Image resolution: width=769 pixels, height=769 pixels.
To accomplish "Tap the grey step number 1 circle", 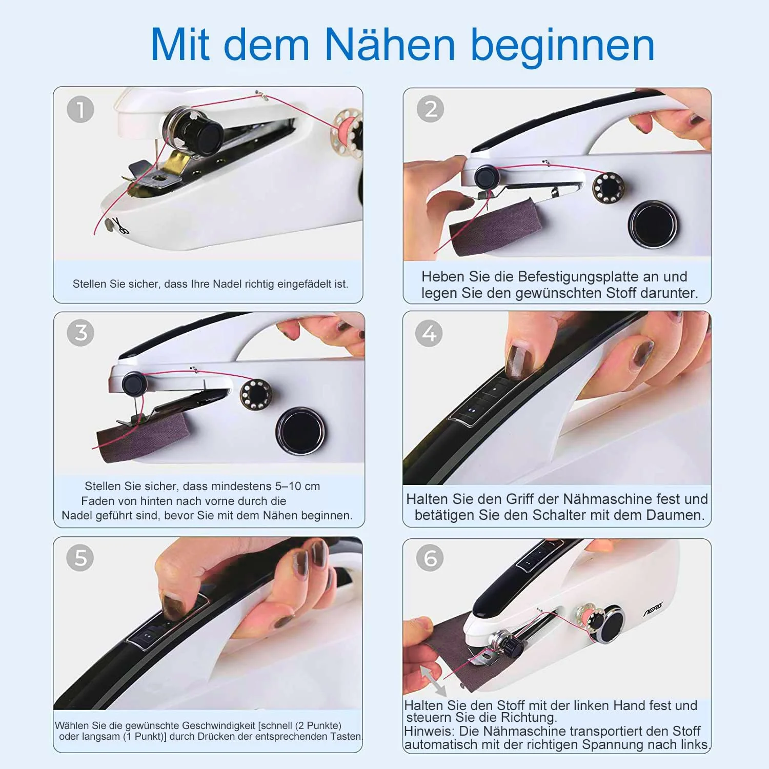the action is (80, 109).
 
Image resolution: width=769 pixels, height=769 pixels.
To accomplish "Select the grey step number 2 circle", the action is (430, 109).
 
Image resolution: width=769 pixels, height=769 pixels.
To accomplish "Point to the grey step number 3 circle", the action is (80, 333).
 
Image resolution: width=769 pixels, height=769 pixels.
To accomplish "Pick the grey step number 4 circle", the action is (429, 334).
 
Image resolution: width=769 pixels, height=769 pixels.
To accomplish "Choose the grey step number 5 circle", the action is (80, 558).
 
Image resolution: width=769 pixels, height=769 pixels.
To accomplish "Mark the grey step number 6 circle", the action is (430, 558).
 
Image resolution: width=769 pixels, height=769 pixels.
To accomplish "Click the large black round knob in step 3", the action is (300, 431).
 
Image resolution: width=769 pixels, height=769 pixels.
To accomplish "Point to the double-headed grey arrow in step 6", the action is (433, 680).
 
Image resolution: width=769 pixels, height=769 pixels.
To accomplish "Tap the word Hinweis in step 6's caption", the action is (429, 731).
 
